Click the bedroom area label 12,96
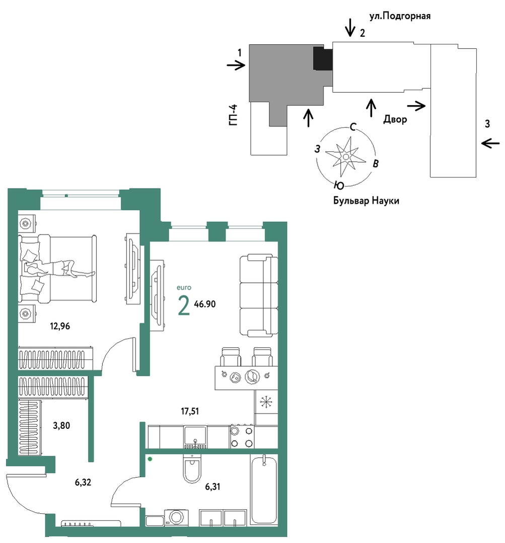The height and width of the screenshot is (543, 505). [60, 326]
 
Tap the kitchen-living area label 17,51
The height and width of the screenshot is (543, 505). [190, 411]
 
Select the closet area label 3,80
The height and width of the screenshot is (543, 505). [61, 425]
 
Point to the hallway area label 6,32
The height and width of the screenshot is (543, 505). [83, 482]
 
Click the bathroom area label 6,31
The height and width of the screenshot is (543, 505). [212, 487]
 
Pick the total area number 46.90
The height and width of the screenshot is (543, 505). [205, 304]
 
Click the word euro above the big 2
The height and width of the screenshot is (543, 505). [184, 287]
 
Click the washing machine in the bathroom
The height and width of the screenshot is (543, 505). [177, 518]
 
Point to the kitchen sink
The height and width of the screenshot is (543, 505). [195, 437]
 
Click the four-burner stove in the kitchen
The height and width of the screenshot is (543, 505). [242, 437]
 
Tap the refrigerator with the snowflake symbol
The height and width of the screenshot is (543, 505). [266, 402]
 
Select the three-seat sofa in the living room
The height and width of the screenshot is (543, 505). [259, 295]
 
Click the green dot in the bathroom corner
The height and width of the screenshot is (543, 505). [150, 459]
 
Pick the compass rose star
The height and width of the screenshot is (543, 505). [346, 157]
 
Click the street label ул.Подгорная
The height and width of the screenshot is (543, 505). [400, 16]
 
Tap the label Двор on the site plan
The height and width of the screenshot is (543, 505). [395, 119]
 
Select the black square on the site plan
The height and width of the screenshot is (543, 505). [323, 58]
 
